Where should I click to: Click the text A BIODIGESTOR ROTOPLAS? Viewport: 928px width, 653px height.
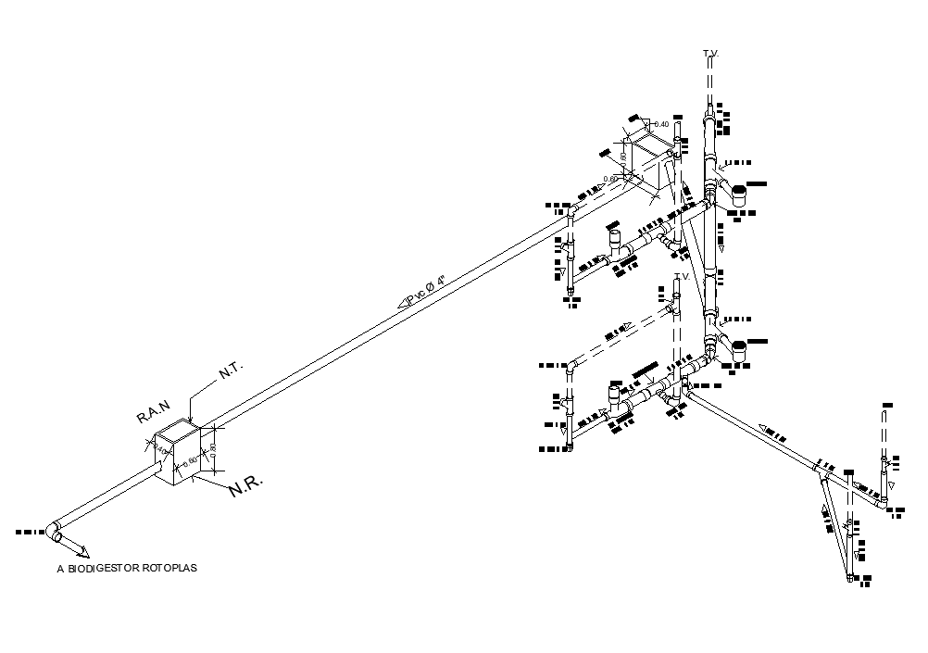point(126,569)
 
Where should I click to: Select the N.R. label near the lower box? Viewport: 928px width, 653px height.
point(246,488)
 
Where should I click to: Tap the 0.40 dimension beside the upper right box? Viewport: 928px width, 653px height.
point(660,123)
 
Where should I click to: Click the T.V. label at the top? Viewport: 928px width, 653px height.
point(710,56)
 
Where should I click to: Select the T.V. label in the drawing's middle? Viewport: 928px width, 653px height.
point(683,277)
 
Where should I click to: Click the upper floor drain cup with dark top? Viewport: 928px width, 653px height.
point(739,195)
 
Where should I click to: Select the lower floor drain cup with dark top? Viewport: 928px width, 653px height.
point(739,351)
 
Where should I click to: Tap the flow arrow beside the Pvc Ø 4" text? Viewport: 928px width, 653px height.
point(404,301)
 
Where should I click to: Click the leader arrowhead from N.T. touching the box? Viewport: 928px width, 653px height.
point(192,421)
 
